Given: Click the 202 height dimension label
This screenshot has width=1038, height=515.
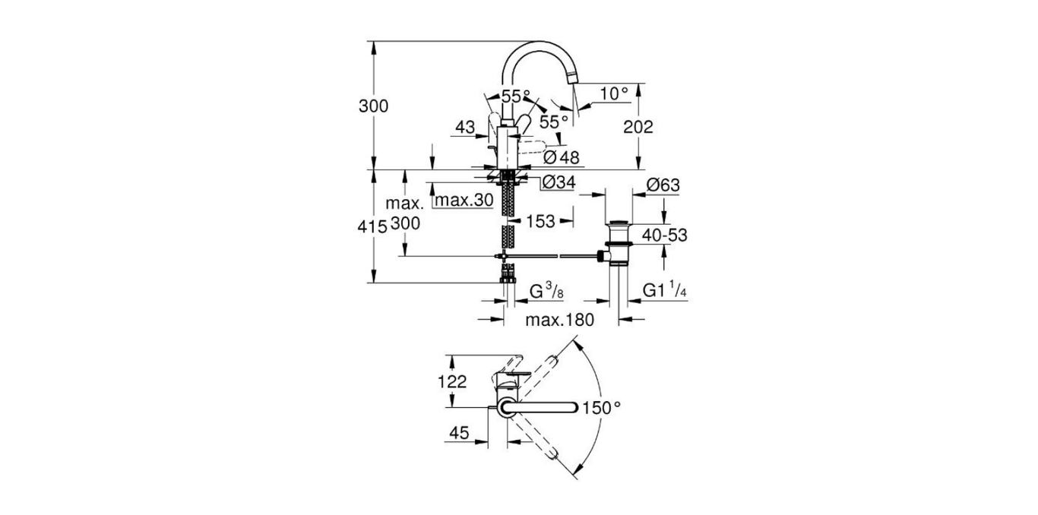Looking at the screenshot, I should coord(638,128).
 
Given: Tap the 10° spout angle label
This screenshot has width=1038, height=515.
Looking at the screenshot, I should coord(614,93).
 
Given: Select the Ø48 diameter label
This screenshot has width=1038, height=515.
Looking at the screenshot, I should coord(562,157).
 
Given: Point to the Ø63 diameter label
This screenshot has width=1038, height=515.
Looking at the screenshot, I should coord(662,185).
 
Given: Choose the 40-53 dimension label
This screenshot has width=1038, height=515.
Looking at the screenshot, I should coord(664,235).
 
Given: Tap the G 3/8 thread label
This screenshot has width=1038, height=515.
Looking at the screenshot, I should coord(546,291).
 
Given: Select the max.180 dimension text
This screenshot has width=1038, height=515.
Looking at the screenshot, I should coord(559,321).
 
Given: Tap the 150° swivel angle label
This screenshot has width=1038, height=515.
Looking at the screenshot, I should coord(602,409).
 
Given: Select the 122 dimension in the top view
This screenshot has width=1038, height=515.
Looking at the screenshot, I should coord(453,382).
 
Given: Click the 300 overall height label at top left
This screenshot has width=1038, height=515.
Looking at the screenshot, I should coord(373,106).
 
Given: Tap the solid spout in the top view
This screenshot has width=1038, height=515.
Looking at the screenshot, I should coord(541,409).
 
